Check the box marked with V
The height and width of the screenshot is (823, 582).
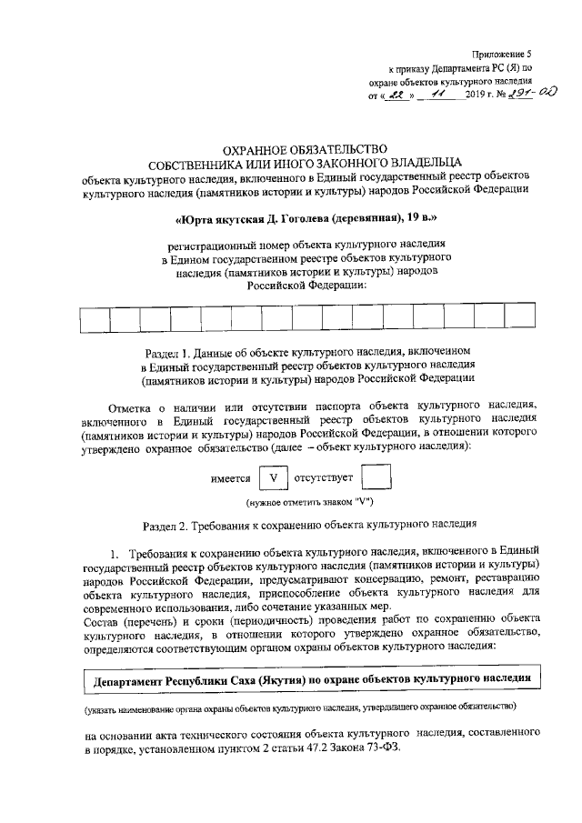[273, 477]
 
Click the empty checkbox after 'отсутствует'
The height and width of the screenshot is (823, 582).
[376, 477]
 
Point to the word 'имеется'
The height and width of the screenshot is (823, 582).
[230, 478]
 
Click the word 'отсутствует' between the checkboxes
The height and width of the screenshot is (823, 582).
[324, 478]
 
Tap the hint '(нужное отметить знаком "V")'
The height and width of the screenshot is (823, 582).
[306, 503]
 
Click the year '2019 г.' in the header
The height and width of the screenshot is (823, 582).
[469, 95]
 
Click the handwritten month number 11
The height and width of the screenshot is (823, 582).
[434, 94]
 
